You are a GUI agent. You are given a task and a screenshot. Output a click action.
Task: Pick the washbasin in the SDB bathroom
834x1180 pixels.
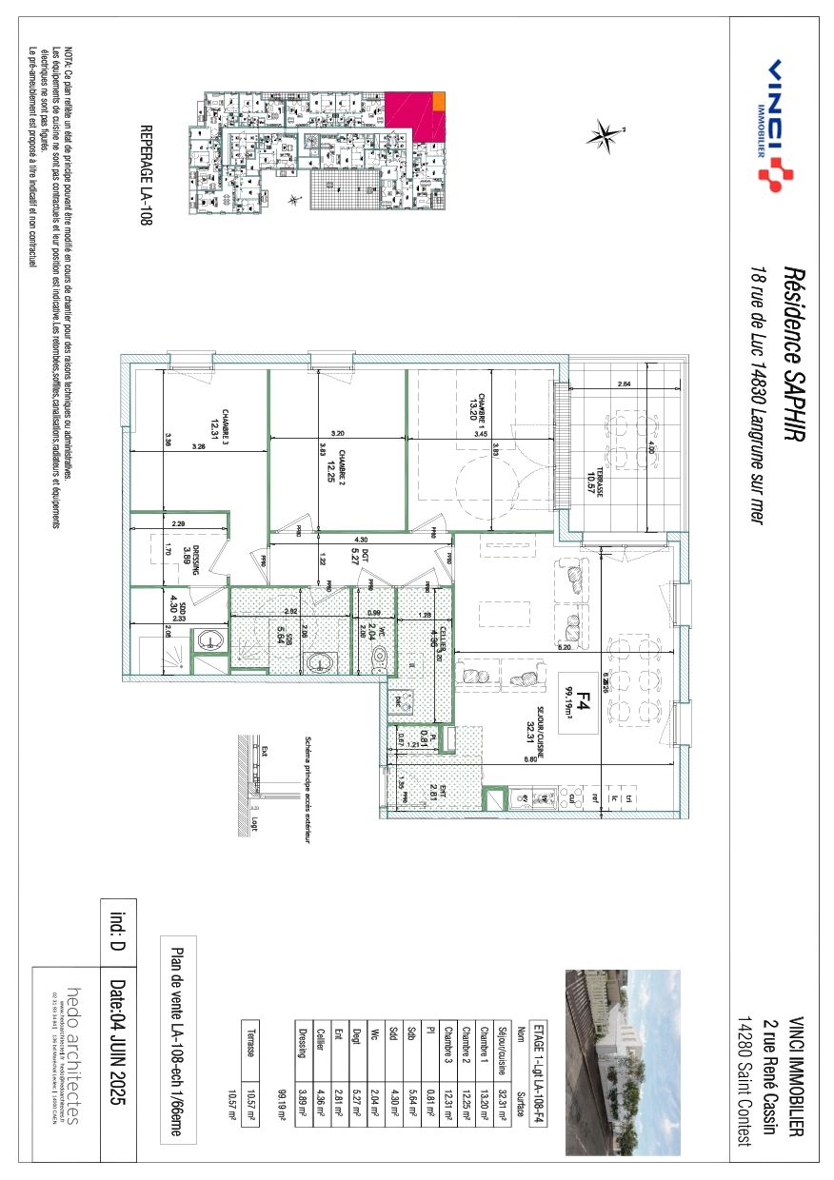pos(317,660)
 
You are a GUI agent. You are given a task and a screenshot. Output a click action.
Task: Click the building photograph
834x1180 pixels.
pos(623,1061)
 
